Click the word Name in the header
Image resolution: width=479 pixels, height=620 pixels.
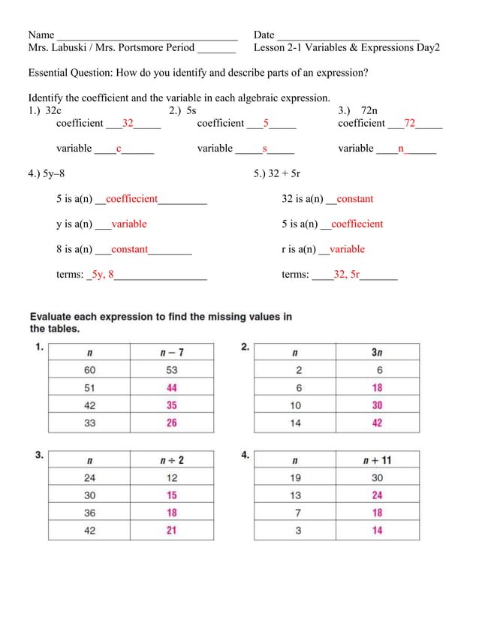(x=41, y=35)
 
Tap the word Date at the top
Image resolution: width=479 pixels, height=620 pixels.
(x=264, y=35)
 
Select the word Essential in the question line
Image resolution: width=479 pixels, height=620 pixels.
(x=52, y=73)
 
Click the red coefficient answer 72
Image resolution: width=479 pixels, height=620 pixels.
(x=409, y=123)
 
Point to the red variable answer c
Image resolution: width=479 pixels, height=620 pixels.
(x=119, y=149)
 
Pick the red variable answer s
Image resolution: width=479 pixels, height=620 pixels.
(x=265, y=149)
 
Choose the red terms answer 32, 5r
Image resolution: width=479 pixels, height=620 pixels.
(x=346, y=275)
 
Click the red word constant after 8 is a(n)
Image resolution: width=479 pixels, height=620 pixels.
(x=130, y=249)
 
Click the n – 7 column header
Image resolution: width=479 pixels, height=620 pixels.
(x=172, y=351)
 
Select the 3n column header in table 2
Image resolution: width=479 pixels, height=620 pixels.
(x=377, y=351)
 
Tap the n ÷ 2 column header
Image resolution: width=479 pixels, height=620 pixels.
(x=172, y=459)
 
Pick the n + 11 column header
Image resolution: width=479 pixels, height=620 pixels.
(x=377, y=459)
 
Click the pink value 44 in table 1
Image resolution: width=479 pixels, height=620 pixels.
(x=172, y=387)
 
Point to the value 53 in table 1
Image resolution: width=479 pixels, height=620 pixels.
(x=172, y=369)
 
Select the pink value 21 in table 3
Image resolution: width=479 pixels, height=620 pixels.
(x=172, y=531)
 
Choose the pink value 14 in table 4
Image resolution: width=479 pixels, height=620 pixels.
(x=377, y=531)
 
